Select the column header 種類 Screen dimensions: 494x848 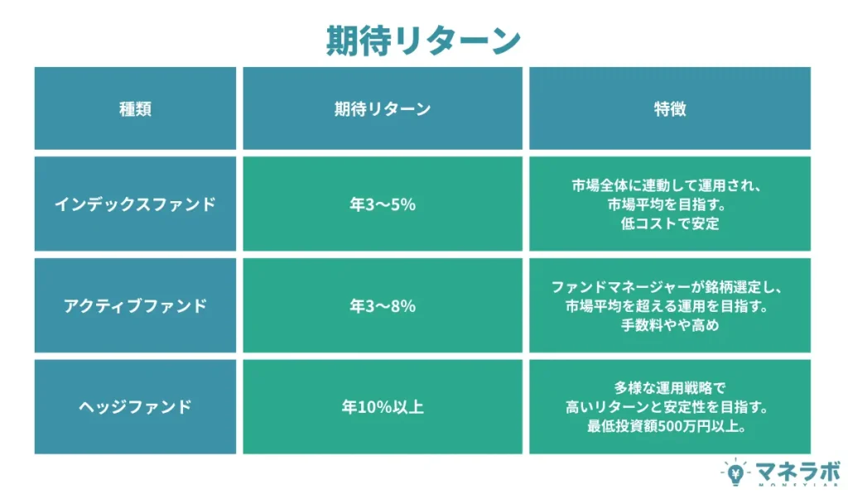point(136,109)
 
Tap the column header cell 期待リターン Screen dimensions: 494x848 point(383,109)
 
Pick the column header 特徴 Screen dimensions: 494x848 point(670,109)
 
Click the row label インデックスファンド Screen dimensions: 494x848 point(136,204)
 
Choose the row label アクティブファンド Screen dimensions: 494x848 point(136,306)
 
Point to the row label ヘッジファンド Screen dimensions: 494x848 point(136,407)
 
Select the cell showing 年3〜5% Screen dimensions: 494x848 point(383,204)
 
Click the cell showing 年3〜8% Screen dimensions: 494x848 point(383,306)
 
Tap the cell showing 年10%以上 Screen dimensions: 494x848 point(383,407)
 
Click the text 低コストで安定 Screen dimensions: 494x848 point(670,224)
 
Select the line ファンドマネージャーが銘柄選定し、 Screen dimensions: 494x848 point(670,287)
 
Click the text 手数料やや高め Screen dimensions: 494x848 point(670,326)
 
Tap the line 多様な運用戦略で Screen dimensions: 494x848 point(670,387)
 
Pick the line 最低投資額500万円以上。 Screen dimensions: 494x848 point(670,427)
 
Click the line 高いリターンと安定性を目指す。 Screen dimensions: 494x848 point(670,407)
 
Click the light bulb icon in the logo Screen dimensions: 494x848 point(734,473)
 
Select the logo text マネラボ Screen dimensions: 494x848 point(788,470)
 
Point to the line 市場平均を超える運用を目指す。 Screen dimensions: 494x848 point(670,306)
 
